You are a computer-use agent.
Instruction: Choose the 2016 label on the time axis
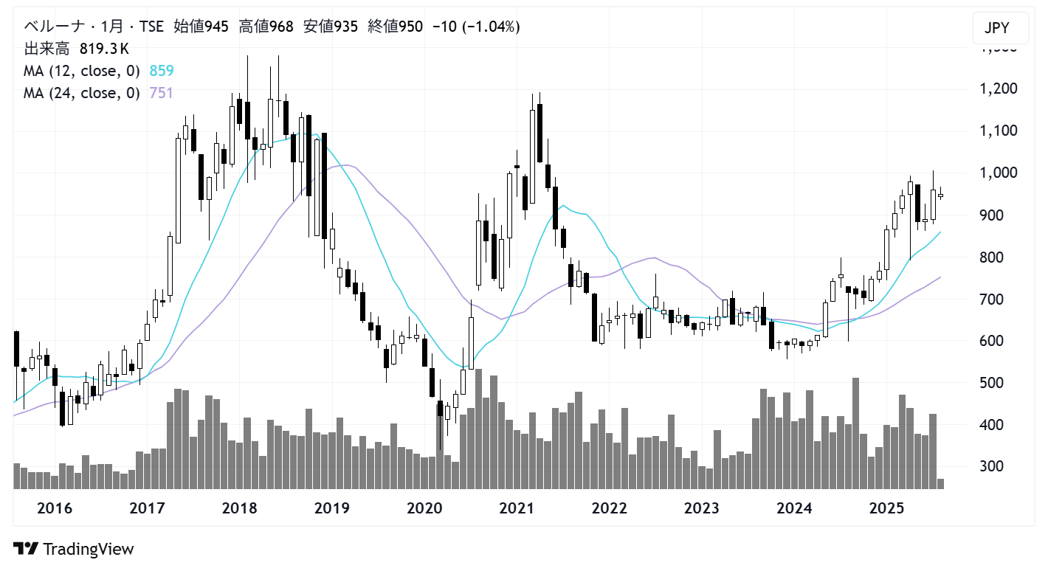54,508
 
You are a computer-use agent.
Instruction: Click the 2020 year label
424,508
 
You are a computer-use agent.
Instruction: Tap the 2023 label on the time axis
702,508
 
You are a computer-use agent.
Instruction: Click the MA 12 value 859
162,71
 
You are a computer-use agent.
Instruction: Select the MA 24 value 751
162,93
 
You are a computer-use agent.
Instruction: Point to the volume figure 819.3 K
104,49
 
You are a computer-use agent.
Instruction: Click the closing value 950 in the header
410,27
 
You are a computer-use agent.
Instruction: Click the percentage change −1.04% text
492,27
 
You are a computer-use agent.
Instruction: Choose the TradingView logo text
89,550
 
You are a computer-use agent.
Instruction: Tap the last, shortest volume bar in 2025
940,483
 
